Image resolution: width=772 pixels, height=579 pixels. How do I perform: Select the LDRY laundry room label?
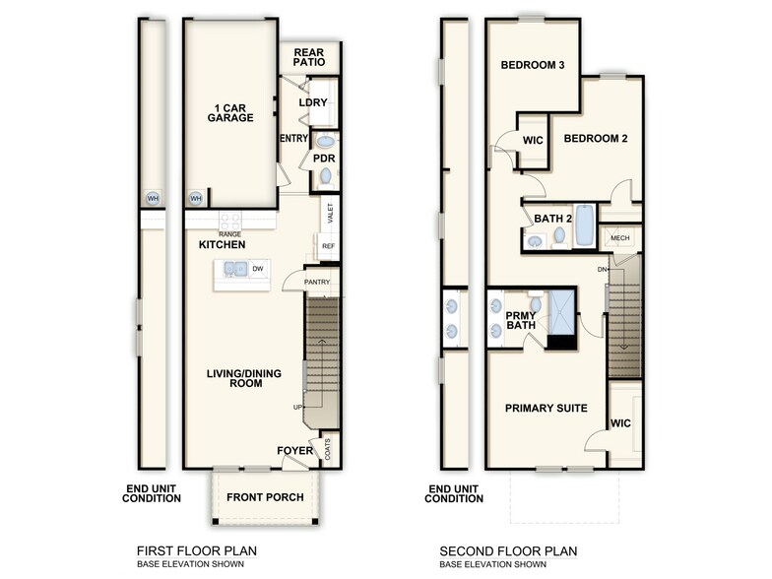pyautogui.click(x=313, y=102)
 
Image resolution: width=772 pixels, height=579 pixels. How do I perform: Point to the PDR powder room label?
pyautogui.click(x=324, y=158)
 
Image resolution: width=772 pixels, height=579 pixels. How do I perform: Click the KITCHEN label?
pyautogui.click(x=222, y=244)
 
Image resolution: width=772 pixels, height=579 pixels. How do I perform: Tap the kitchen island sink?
pyautogui.click(x=234, y=269)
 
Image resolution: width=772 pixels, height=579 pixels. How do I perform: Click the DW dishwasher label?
pyautogui.click(x=257, y=268)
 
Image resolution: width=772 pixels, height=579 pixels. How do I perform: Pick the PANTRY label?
pyautogui.click(x=317, y=283)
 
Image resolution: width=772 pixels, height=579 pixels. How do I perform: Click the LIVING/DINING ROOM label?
pyautogui.click(x=233, y=378)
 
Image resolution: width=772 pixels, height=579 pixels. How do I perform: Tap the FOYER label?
pyautogui.click(x=294, y=451)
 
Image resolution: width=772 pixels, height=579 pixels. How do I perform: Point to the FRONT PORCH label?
pyautogui.click(x=265, y=497)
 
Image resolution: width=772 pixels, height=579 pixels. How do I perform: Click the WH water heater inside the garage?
pyautogui.click(x=195, y=198)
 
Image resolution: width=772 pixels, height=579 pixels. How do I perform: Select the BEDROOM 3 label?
pyautogui.click(x=532, y=65)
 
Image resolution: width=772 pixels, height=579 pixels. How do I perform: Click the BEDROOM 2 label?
pyautogui.click(x=595, y=139)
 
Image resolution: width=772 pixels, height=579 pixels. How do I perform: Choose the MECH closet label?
pyautogui.click(x=619, y=237)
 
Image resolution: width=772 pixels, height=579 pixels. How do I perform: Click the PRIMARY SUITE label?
pyautogui.click(x=546, y=408)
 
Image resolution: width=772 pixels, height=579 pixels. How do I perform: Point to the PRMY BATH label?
pyautogui.click(x=520, y=322)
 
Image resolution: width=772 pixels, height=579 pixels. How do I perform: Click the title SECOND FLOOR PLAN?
pyautogui.click(x=508, y=551)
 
